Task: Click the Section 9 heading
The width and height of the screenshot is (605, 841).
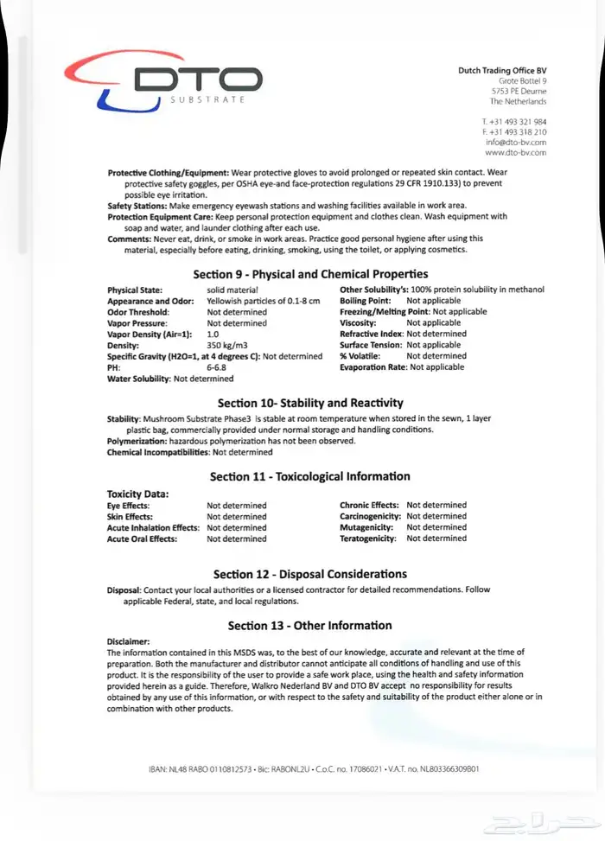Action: [x=309, y=274]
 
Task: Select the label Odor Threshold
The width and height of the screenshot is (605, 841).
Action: [x=138, y=311]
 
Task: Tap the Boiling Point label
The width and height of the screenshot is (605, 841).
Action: [x=366, y=301]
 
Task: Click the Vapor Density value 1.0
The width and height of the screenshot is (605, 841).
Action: [x=213, y=334]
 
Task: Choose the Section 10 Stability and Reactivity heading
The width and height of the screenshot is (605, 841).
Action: [x=309, y=403]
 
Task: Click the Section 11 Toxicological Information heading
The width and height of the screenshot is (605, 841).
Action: [x=309, y=476]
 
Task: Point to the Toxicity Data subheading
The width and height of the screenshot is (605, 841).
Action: [x=137, y=494]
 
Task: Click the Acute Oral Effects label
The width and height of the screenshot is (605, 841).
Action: [x=142, y=538]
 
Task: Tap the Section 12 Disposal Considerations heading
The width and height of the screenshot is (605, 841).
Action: [x=309, y=574]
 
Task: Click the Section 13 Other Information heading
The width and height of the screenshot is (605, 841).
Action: [x=309, y=625]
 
